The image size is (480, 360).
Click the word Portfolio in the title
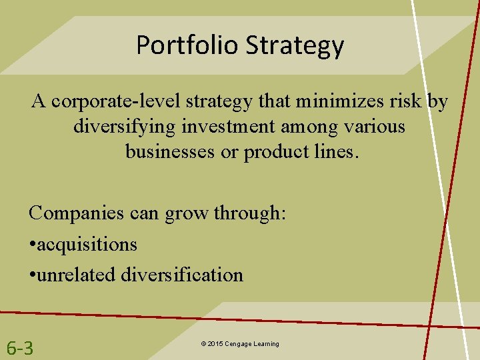[x=187, y=45]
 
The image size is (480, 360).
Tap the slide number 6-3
[x=20, y=347]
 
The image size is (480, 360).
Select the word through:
[x=249, y=213]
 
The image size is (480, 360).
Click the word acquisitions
[x=87, y=245]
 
